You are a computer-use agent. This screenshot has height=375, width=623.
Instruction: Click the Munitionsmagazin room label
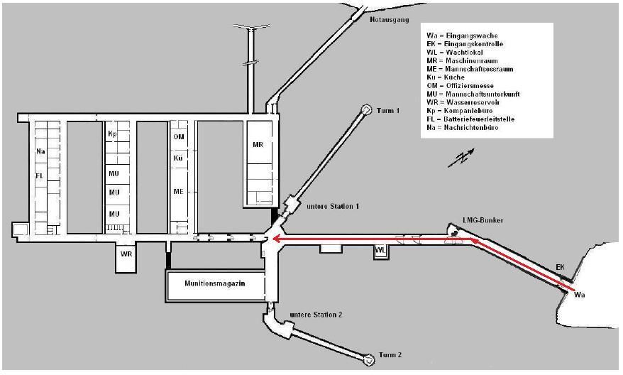(214, 283)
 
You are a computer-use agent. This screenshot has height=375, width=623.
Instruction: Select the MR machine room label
(258, 145)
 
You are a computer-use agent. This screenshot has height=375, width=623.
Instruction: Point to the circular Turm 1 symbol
(366, 109)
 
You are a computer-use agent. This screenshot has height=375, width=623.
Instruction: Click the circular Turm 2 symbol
(370, 359)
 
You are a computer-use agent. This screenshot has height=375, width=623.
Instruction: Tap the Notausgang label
(390, 19)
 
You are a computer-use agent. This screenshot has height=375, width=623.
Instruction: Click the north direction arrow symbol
(462, 158)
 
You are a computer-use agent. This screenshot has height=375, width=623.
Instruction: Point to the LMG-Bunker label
(483, 220)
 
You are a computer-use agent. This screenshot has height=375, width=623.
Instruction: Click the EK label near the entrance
(560, 267)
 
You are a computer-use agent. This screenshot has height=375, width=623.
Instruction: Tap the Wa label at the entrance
(579, 295)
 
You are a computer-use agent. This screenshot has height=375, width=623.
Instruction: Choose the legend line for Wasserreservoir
(463, 102)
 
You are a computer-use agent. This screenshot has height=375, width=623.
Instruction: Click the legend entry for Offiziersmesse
(460, 85)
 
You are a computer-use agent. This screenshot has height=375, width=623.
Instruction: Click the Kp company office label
(112, 134)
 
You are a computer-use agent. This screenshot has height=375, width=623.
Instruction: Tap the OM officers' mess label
(179, 137)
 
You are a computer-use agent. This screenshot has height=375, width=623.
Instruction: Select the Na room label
(40, 151)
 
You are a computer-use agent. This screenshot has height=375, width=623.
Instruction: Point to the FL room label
(40, 175)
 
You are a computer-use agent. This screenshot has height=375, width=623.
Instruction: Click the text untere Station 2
(316, 315)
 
